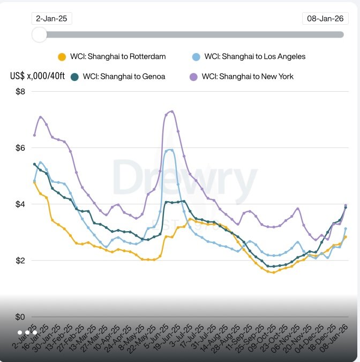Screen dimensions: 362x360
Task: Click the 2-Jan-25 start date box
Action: pos(51,18)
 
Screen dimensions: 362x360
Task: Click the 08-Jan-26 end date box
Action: pos(324,18)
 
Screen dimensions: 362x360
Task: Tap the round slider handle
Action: pos(39,34)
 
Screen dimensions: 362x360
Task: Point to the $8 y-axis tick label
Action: pos(20,91)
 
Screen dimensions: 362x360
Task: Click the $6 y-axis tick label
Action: pos(20,147)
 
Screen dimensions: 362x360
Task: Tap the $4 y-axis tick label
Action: pos(20,204)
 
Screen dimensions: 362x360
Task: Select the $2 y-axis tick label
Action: pos(20,261)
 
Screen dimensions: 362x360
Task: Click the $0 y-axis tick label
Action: pos(20,317)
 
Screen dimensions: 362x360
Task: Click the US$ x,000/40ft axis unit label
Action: pos(37,76)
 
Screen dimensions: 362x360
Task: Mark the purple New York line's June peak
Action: pos(171,112)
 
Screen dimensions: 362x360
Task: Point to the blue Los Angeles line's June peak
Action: pos(170,150)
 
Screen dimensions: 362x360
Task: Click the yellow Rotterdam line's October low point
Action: pos(273,272)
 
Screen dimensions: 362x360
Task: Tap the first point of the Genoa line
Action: pos(35,164)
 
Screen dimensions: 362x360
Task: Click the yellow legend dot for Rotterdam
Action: pos(62,57)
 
